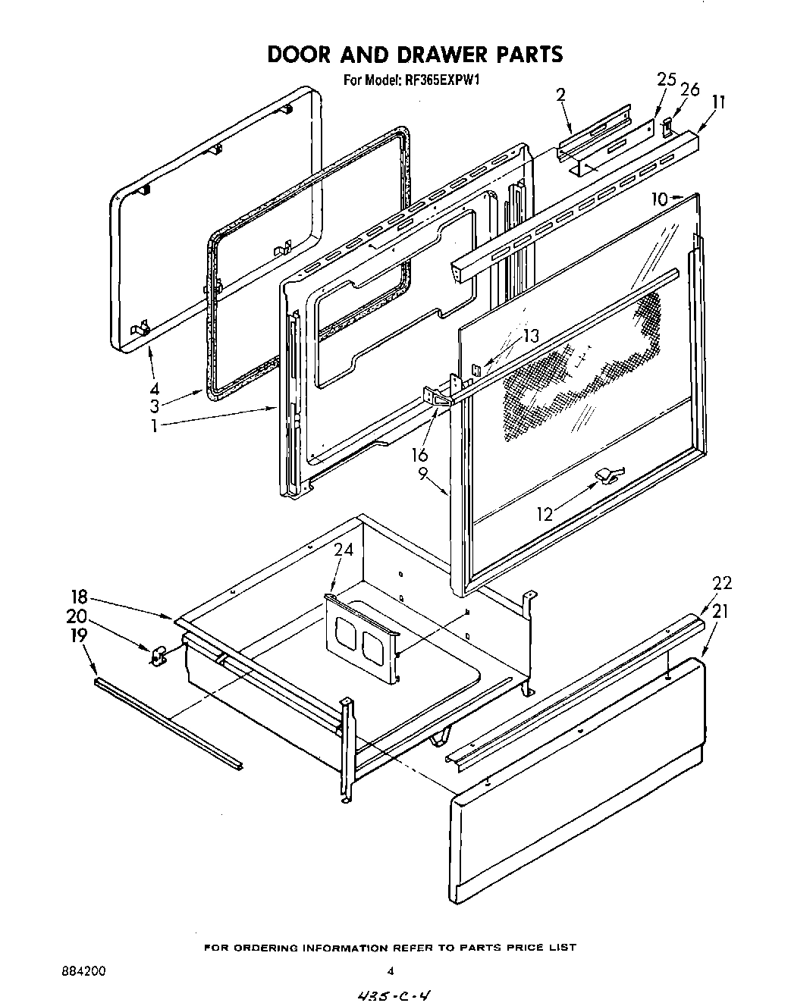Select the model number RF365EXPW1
440,78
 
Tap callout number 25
666,80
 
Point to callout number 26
689,90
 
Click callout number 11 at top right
719,102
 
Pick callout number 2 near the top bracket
560,95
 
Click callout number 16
419,455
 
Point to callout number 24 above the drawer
344,550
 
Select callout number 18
80,596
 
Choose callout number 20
77,616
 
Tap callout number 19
79,635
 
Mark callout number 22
721,583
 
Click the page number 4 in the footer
390,970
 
